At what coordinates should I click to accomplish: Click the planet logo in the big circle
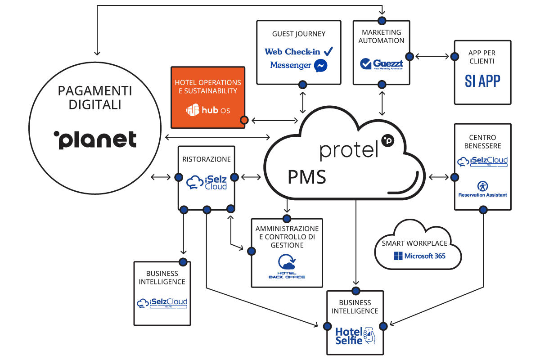95,139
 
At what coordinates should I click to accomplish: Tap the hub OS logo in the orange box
208,110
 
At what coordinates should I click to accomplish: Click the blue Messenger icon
320,66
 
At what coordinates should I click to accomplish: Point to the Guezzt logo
382,64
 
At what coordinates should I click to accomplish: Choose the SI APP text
482,81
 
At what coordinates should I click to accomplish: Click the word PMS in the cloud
307,177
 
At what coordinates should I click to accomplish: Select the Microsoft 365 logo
419,256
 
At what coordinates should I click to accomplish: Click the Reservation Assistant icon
482,186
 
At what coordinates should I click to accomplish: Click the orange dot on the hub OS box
244,120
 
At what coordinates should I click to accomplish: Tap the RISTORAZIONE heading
207,159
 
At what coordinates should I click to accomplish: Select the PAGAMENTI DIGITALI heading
95,98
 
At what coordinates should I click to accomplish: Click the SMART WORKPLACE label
414,243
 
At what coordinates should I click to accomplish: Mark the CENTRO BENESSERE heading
482,142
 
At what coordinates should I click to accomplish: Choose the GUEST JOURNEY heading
298,34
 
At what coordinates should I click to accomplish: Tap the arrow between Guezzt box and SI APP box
432,57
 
